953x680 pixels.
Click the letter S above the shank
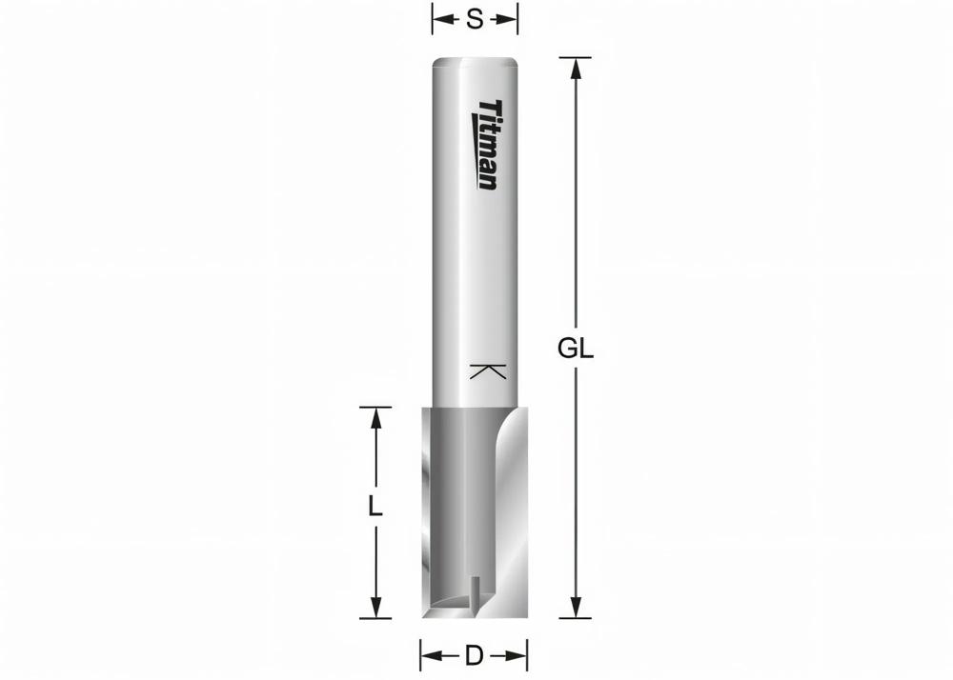pos(475,18)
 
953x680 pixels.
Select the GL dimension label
pos(576,350)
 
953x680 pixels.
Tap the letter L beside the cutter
pos(375,506)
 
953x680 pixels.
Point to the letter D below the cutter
pos(474,655)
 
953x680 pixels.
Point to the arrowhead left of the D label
pos(430,655)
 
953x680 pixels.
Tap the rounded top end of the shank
pos(475,63)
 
